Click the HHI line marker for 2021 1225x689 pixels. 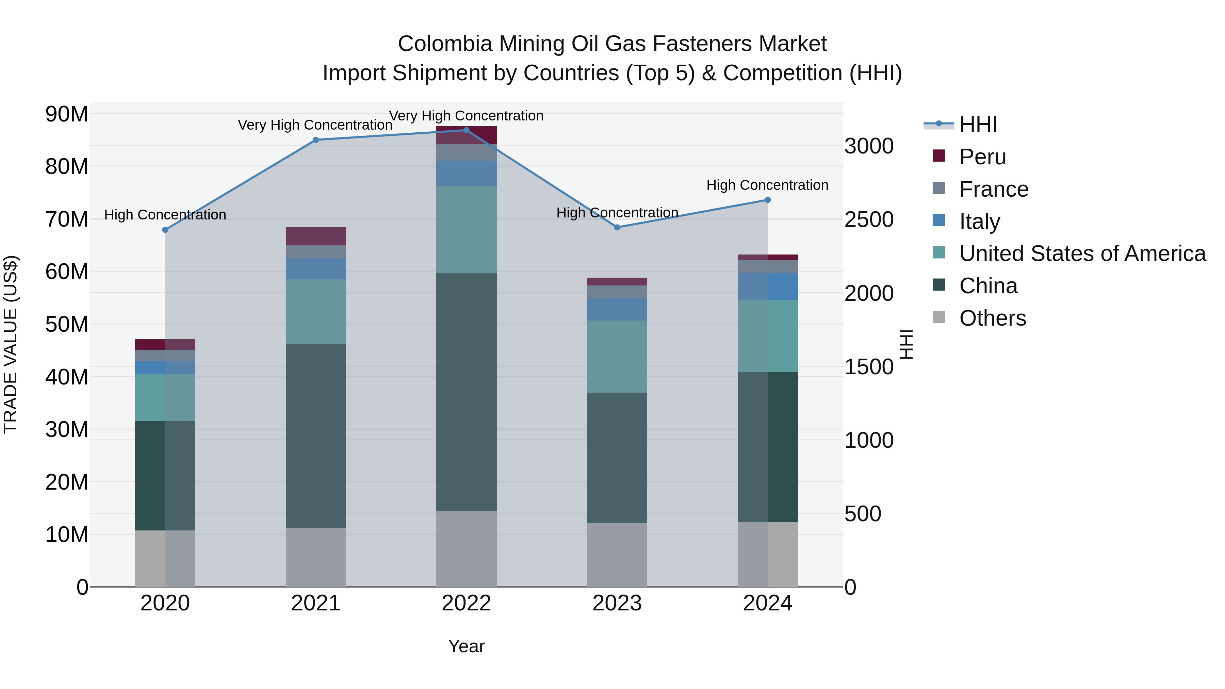click(x=316, y=140)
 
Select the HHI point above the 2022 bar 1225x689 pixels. click(x=466, y=130)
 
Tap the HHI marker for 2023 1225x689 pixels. click(x=617, y=227)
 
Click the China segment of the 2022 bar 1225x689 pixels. click(x=466, y=392)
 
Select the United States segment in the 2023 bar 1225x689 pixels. click(x=617, y=356)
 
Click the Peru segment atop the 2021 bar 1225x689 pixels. click(x=316, y=236)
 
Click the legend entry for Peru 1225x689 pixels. click(x=982, y=157)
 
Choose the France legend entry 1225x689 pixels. click(x=993, y=189)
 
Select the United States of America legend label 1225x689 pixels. click(x=1082, y=253)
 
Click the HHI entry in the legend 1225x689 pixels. click(x=978, y=125)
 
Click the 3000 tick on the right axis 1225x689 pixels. click(x=869, y=146)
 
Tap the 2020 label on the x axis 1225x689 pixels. click(x=165, y=603)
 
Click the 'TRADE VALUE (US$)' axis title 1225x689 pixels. click(x=11, y=344)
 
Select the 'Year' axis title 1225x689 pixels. click(x=466, y=646)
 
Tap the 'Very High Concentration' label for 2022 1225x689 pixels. click(x=466, y=116)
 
